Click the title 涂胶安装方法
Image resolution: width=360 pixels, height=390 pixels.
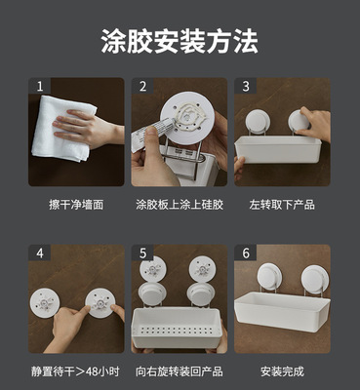point(180,41)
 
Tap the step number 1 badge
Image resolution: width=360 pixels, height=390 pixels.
point(40,86)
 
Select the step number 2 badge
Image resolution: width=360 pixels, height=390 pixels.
point(142,86)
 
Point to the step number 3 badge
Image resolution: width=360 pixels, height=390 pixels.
point(246,86)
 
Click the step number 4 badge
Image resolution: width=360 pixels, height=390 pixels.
point(40,253)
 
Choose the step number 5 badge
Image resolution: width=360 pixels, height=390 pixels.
point(142,253)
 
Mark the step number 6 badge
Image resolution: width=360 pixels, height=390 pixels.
point(246,253)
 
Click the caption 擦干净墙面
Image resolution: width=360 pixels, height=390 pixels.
point(76,205)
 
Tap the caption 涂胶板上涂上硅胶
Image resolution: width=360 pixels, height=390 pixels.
point(180,205)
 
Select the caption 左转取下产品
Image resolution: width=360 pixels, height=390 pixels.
point(282,205)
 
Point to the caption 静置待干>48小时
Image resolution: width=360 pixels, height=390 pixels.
point(75,371)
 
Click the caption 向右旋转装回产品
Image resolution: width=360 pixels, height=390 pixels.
point(180,371)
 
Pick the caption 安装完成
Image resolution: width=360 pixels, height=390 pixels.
point(282,371)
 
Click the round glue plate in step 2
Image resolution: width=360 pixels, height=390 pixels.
point(187,119)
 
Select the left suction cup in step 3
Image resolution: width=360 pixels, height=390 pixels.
point(258,121)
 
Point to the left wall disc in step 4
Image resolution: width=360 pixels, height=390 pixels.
point(45,303)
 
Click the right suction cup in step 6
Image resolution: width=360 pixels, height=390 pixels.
point(315,280)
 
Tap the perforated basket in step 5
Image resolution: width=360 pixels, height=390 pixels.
point(177,328)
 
